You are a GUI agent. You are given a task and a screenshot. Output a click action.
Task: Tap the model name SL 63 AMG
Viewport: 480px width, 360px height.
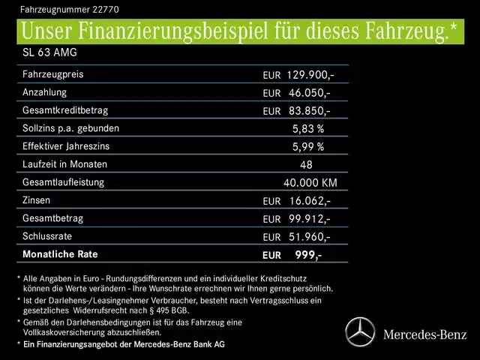[49, 53]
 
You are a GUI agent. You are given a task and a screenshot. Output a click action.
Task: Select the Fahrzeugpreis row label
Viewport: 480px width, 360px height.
[53, 75]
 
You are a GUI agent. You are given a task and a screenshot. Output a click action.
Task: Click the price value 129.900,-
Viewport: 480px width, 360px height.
[309, 75]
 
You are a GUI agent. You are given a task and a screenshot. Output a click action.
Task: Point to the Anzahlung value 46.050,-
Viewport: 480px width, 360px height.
[309, 93]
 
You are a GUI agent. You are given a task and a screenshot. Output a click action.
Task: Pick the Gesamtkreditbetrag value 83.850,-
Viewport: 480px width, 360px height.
[309, 111]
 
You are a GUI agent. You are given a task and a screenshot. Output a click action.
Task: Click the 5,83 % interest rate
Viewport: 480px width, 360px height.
[308, 129]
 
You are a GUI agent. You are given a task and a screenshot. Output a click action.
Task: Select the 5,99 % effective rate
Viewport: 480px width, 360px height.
[308, 147]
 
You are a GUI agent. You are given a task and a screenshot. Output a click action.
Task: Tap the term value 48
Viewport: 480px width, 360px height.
[306, 165]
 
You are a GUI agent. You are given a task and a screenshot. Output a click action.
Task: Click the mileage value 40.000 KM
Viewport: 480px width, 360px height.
[310, 183]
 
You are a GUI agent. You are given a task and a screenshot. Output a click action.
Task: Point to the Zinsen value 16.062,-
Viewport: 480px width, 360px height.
[309, 201]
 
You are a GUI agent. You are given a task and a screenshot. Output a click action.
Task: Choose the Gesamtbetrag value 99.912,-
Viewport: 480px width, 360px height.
[309, 219]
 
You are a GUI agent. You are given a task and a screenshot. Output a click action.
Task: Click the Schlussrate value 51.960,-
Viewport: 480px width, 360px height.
[309, 237]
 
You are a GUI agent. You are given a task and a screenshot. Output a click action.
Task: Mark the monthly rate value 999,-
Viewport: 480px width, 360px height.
[308, 255]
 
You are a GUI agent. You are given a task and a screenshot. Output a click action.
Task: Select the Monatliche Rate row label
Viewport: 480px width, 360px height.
[59, 254]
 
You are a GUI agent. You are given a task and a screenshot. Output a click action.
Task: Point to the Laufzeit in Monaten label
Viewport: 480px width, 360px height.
[65, 164]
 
